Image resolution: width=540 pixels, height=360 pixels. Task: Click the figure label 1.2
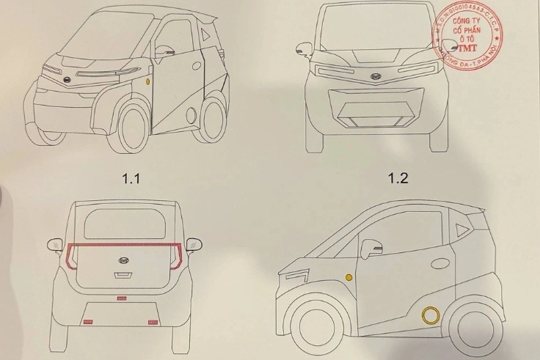pos(398,177)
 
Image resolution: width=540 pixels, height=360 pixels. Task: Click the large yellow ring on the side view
pos(429,316)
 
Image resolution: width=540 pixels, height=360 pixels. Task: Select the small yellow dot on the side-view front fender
pos(349,277)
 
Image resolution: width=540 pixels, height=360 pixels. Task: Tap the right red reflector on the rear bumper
pos(153,322)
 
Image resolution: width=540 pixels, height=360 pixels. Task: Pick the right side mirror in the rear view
pos(194,243)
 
